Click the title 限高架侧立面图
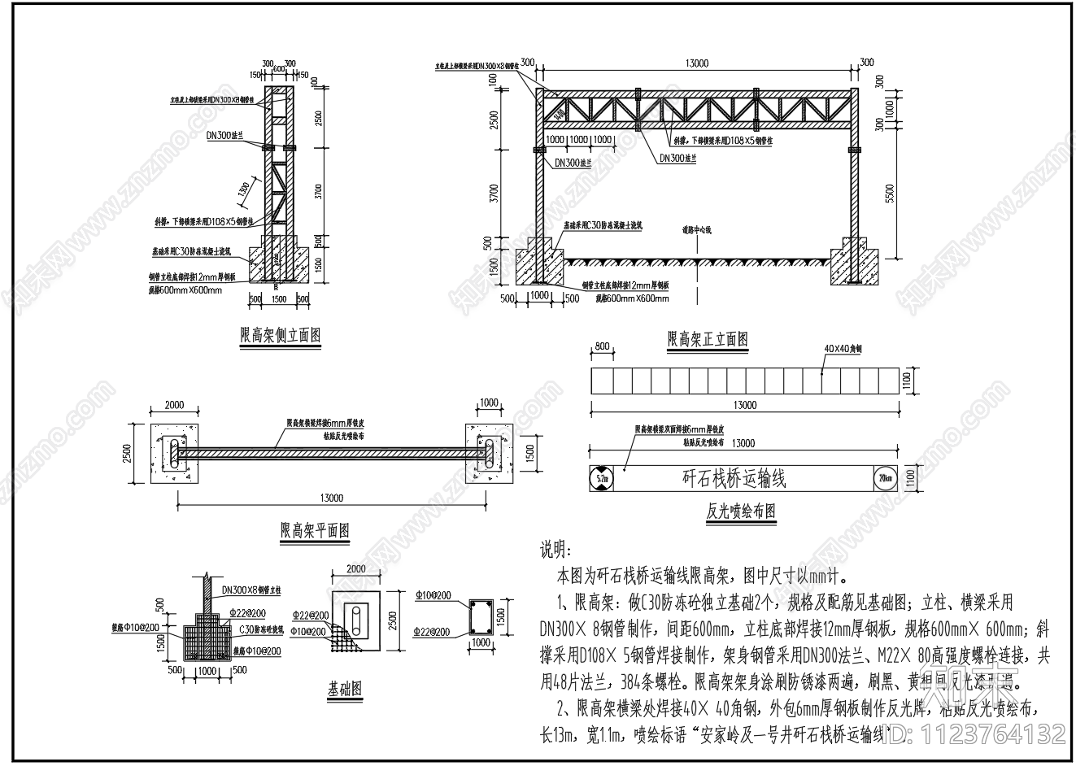280,335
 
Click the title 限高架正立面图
707,339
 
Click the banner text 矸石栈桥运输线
734,477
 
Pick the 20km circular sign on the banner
883,477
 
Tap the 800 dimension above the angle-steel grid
601,346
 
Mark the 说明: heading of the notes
556,551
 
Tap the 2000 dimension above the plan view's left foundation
174,405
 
